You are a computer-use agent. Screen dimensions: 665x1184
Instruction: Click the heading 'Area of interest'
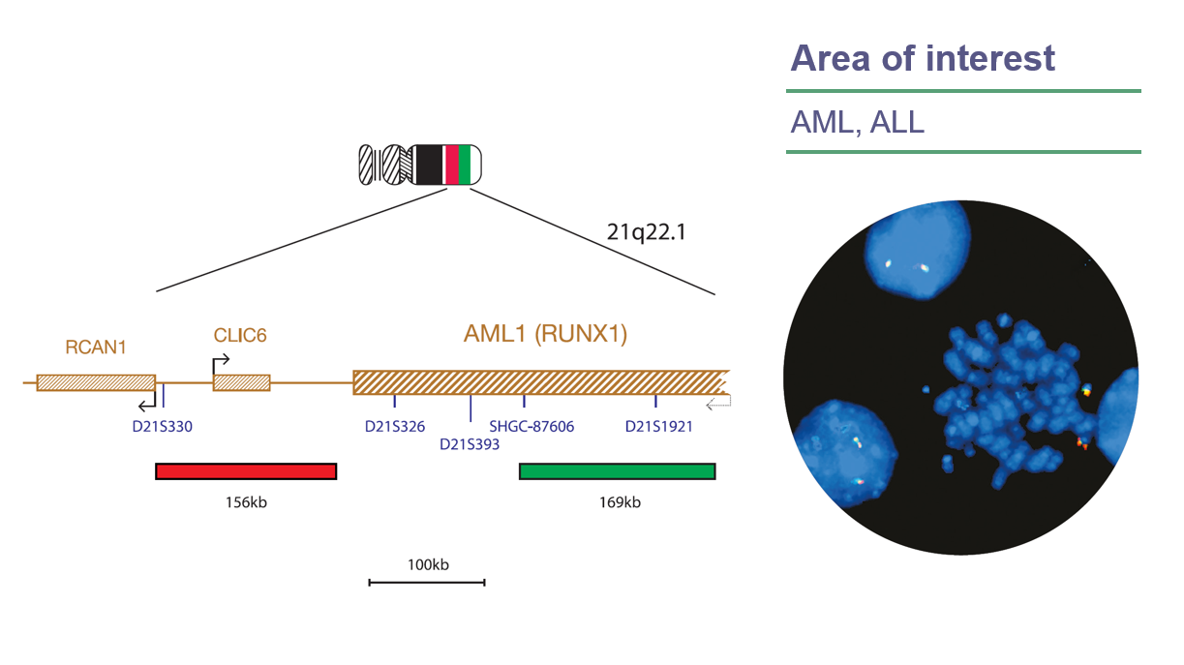[x=922, y=58]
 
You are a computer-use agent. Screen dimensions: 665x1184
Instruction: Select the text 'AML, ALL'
[x=857, y=122]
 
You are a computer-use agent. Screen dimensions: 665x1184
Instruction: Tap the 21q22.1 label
[x=645, y=233]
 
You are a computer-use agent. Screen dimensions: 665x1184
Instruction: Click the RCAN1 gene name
[x=96, y=347]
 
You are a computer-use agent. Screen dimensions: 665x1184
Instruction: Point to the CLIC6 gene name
[x=239, y=336]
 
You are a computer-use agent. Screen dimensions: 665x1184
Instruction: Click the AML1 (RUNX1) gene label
[x=545, y=335]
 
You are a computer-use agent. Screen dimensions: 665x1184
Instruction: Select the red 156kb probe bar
[x=246, y=471]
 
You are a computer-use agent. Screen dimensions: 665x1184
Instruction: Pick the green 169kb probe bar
[x=617, y=471]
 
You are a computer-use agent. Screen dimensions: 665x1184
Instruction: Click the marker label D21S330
[x=163, y=425]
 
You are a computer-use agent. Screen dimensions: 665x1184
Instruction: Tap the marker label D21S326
[x=395, y=425]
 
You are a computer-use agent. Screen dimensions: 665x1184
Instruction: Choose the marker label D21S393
[x=470, y=444]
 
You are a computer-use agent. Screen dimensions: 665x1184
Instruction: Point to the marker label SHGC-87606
[x=531, y=425]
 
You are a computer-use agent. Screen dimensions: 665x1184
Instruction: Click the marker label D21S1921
[x=658, y=425]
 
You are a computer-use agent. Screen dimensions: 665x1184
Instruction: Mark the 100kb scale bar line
[x=426, y=582]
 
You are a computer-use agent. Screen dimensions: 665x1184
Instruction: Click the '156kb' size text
[x=245, y=502]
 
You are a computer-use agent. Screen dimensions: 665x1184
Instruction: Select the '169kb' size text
[x=619, y=502]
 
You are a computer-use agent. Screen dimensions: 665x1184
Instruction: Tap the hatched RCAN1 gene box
[x=96, y=382]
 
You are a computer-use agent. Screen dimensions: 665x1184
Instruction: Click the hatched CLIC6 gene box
[x=241, y=382]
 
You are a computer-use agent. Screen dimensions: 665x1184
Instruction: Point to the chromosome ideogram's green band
[x=464, y=165]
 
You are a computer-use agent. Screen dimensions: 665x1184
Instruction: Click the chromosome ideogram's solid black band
[x=428, y=165]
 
